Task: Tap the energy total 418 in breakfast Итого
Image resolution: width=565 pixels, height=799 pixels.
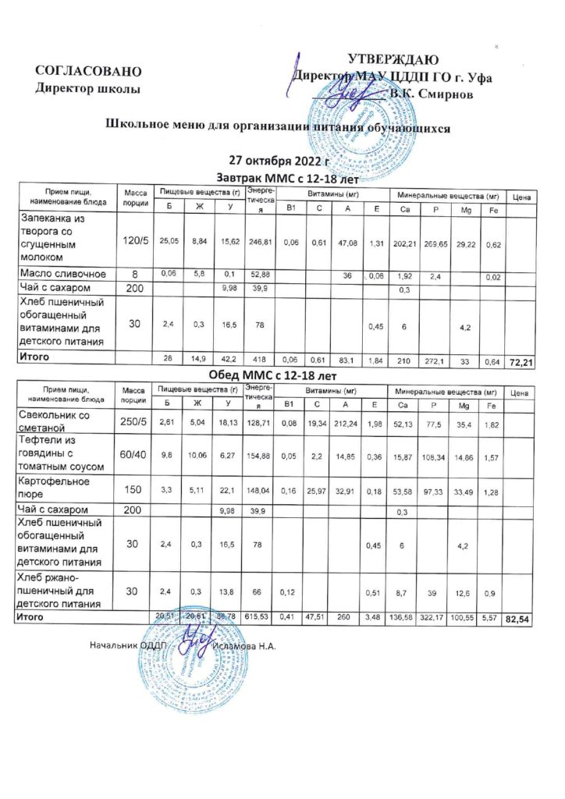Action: point(258,360)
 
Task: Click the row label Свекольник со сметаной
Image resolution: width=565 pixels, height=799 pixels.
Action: point(59,423)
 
